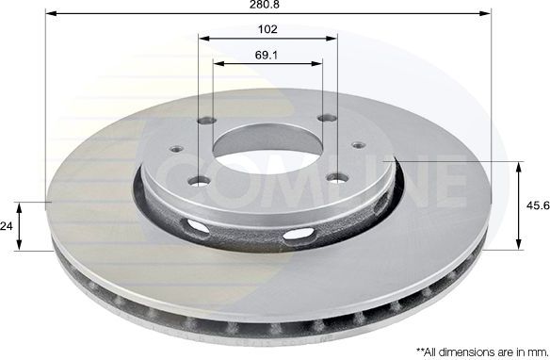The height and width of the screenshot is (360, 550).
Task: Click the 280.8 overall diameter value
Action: [x=267, y=5]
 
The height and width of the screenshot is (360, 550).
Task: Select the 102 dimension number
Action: [x=267, y=28]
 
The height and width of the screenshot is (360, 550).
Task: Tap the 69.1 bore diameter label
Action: [x=267, y=55]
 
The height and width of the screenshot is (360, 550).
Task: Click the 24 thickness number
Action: [x=8, y=226]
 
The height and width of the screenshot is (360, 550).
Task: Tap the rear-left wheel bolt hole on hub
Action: [x=207, y=120]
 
